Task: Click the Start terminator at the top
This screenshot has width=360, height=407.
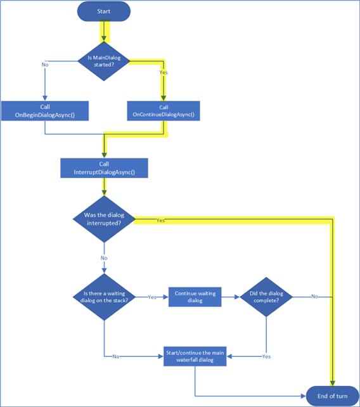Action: point(104,11)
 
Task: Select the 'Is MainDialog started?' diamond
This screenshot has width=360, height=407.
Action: point(104,61)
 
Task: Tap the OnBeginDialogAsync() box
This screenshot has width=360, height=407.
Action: point(44,111)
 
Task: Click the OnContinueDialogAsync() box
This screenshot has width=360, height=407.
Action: point(164,111)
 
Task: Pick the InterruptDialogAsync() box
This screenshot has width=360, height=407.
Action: point(104,167)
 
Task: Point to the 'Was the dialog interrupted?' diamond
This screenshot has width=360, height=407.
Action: point(104,218)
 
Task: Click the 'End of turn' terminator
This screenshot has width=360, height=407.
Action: point(332,396)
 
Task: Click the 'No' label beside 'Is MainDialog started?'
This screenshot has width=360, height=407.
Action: point(45,65)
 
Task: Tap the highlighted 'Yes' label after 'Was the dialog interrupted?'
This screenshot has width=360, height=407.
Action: point(160,221)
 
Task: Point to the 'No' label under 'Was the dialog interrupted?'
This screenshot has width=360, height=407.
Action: point(104,258)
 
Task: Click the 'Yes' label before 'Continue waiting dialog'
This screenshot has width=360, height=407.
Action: point(152,297)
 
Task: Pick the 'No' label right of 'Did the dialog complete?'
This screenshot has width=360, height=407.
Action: point(314,297)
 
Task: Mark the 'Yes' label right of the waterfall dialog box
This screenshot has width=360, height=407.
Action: point(266,357)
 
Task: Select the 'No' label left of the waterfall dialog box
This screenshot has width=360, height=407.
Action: point(115,357)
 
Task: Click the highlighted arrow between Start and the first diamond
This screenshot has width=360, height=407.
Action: point(104,30)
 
